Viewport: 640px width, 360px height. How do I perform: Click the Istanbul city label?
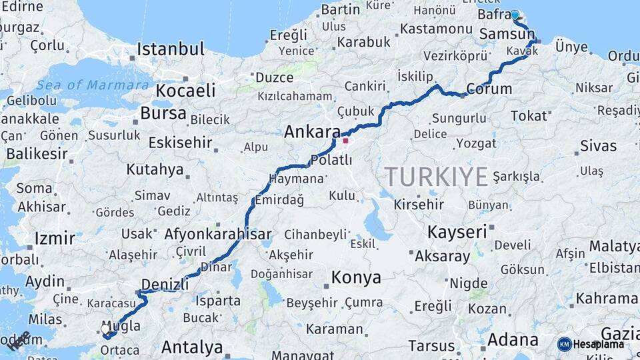(170, 49)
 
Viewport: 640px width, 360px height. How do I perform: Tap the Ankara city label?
(312, 132)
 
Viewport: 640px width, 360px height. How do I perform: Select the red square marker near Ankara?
(345, 141)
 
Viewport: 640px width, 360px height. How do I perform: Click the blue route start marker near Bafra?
(515, 14)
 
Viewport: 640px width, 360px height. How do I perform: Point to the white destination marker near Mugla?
(105, 329)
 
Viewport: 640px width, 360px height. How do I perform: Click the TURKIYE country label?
(436, 177)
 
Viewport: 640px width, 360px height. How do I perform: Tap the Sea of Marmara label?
(93, 85)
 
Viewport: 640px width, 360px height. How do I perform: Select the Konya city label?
(357, 277)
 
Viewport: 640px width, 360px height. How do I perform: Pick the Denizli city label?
(165, 285)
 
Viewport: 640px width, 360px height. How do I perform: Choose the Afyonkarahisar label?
(217, 234)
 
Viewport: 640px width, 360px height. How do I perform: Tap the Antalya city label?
(192, 347)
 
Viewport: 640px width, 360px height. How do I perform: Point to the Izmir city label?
(55, 239)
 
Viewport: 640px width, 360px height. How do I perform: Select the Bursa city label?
(163, 113)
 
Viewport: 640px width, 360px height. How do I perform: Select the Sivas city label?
(598, 145)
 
